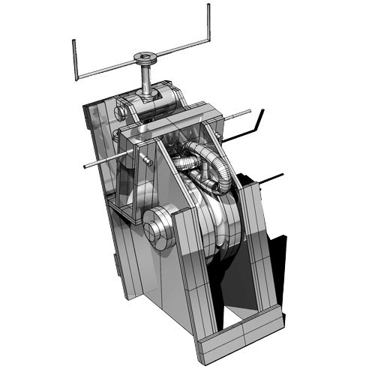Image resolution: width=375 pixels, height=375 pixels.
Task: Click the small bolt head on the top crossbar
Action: [x=147, y=160]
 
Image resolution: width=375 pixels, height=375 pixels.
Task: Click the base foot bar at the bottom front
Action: [x=240, y=337]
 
